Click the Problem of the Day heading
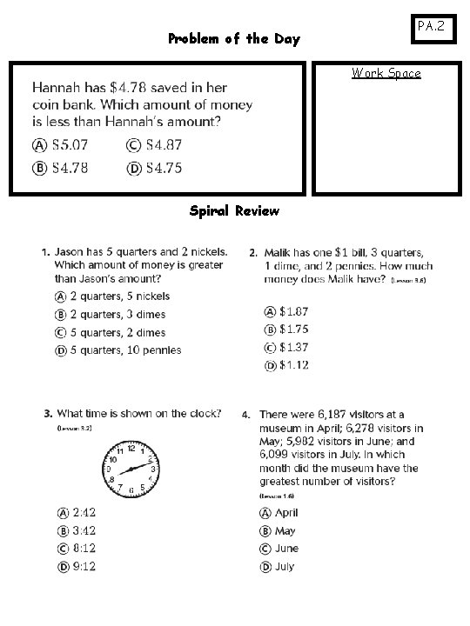pyautogui.click(x=233, y=38)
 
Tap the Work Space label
pyautogui.click(x=386, y=73)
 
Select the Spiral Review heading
pyautogui.click(x=234, y=210)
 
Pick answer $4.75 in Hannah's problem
pyautogui.click(x=162, y=168)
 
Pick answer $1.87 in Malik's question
pyautogui.click(x=292, y=311)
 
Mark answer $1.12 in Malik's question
pyautogui.click(x=292, y=365)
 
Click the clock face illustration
pyautogui.click(x=129, y=469)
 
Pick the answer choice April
pyautogui.click(x=285, y=513)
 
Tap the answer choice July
pyautogui.click(x=284, y=567)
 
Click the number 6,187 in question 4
pyautogui.click(x=341, y=415)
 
